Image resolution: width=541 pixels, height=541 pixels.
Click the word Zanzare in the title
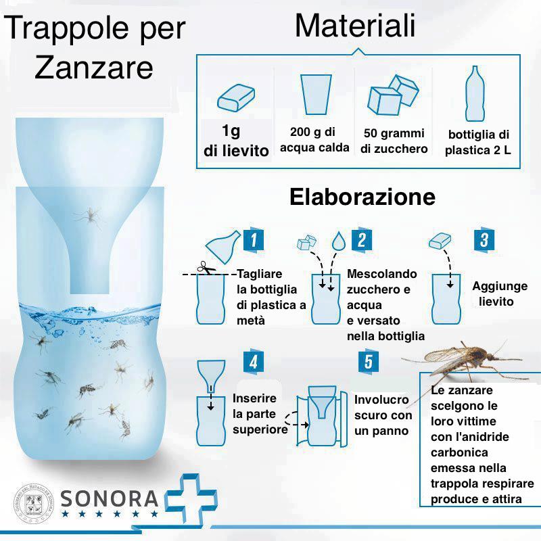(94, 68)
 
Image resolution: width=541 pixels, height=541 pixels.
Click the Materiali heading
(354, 26)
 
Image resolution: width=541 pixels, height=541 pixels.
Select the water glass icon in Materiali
(316, 95)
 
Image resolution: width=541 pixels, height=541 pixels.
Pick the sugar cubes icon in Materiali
(393, 95)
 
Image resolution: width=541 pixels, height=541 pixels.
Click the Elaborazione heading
(362, 197)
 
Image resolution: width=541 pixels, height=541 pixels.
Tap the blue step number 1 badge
(252, 239)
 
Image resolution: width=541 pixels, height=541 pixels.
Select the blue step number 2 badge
(362, 239)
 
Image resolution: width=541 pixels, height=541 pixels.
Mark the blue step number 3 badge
(484, 239)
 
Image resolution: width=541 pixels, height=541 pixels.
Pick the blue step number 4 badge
(252, 361)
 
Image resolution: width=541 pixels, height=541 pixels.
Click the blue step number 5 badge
(368, 361)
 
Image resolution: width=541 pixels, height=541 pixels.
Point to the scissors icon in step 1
(206, 268)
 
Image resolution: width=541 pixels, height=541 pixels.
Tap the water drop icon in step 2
(337, 241)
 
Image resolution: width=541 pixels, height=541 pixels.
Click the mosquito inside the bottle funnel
(89, 216)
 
